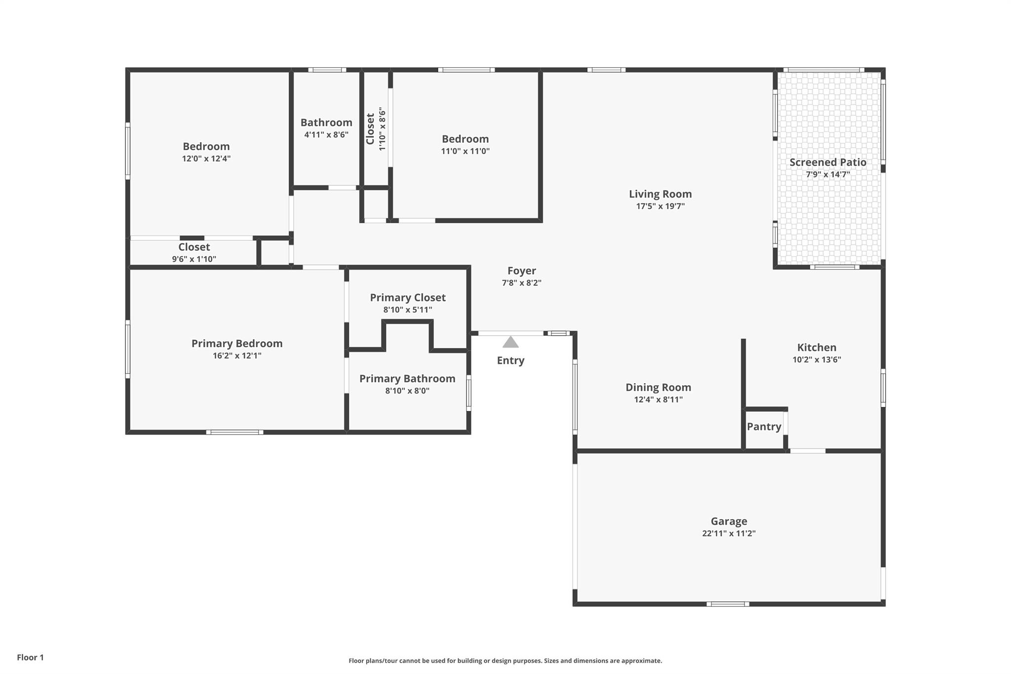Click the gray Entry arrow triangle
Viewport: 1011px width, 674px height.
click(510, 342)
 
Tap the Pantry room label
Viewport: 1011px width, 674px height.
click(764, 427)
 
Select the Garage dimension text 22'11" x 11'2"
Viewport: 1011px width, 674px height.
click(729, 533)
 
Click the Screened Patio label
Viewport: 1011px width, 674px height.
click(827, 162)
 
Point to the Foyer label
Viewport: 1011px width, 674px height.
click(521, 271)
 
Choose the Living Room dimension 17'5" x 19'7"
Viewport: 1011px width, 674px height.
click(660, 206)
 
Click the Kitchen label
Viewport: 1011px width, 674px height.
click(817, 347)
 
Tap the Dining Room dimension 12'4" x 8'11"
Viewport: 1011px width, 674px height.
click(658, 399)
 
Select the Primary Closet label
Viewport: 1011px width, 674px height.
click(408, 297)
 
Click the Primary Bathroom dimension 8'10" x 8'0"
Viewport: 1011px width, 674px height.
click(407, 391)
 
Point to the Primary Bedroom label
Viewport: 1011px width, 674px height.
click(237, 343)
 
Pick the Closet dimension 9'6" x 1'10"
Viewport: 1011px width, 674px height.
click(194, 259)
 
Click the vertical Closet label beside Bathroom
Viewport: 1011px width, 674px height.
click(370, 129)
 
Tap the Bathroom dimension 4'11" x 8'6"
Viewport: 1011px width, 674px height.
click(326, 134)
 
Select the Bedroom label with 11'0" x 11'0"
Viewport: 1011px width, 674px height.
click(465, 139)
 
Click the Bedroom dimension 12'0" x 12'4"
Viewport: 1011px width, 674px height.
click(206, 159)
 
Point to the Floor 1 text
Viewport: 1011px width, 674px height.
click(30, 657)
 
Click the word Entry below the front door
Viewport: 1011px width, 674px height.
click(510, 360)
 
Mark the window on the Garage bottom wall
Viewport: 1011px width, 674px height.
click(728, 604)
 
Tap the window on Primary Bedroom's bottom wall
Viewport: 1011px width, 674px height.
click(234, 432)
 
